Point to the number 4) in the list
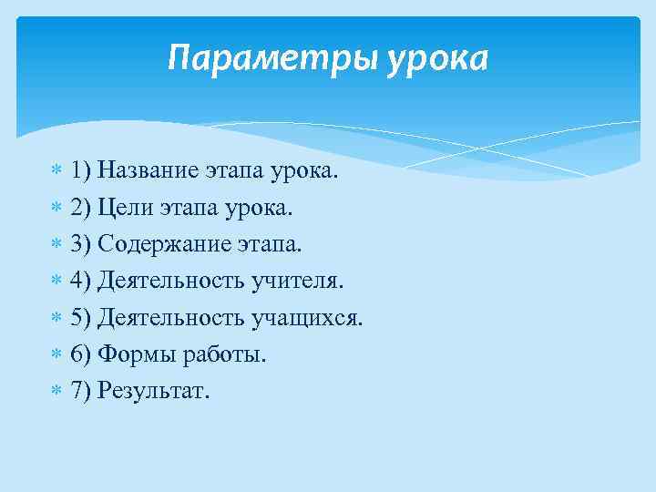80,282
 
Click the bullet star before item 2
56,208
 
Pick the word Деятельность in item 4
171,282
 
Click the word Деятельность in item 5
171,318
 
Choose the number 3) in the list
80,244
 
